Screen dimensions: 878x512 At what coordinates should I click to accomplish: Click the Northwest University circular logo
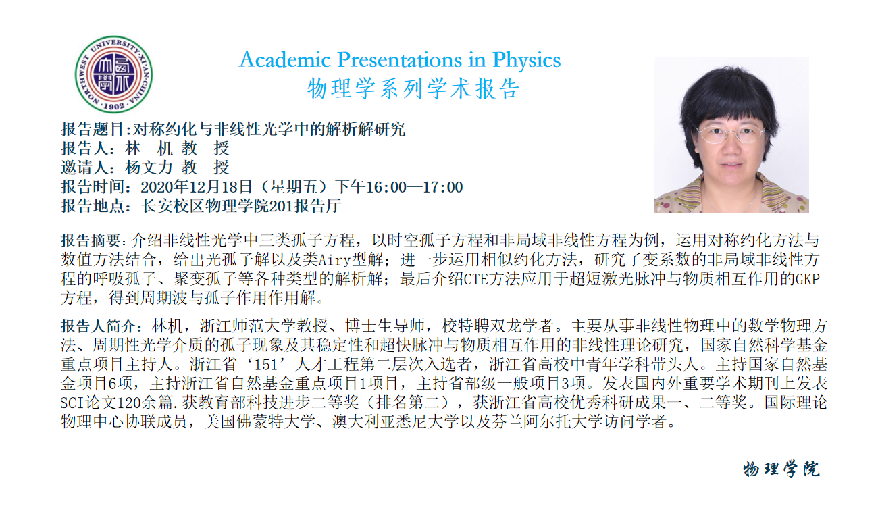[x=113, y=74]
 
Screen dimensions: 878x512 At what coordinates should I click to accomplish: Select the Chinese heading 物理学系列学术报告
[x=413, y=88]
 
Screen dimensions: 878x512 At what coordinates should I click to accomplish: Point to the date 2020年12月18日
[x=196, y=187]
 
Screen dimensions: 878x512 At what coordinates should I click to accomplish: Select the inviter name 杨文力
[x=149, y=168]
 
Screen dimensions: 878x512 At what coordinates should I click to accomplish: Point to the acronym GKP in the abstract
[x=808, y=279]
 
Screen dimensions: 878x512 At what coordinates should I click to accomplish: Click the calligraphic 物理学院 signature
[x=781, y=469]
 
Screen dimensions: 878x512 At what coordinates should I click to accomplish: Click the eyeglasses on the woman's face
[x=731, y=134]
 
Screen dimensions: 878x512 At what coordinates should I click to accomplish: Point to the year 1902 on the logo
[x=114, y=106]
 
